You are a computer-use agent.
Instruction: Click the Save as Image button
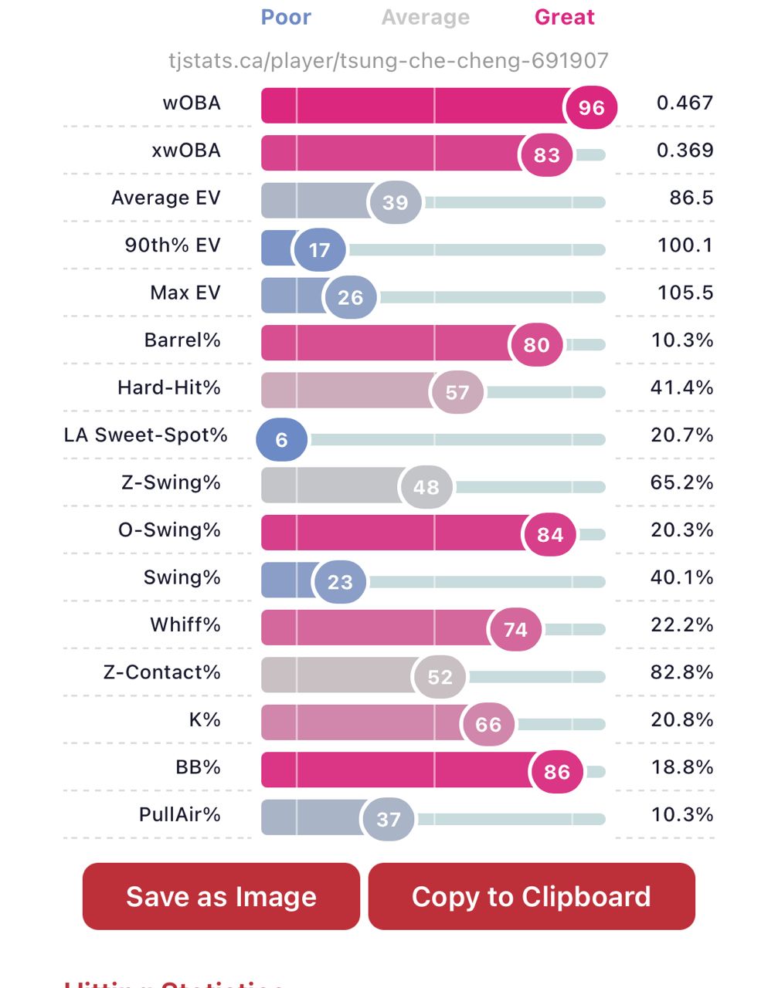click(x=221, y=896)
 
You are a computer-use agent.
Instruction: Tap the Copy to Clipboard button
click(x=532, y=896)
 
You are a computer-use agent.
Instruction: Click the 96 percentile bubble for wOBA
click(x=591, y=107)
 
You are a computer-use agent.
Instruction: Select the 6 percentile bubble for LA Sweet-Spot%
click(x=282, y=439)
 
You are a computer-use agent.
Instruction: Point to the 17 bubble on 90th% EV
click(x=319, y=249)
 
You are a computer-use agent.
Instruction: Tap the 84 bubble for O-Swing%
click(x=550, y=534)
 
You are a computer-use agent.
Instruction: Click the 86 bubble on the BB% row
click(x=556, y=771)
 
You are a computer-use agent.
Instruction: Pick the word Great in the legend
click(x=565, y=17)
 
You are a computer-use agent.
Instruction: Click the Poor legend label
click(x=286, y=17)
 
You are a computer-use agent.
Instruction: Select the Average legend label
click(x=426, y=17)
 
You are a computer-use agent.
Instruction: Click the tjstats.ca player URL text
click(x=389, y=60)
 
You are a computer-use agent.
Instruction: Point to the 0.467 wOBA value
click(x=685, y=103)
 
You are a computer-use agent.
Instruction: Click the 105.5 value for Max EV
click(x=685, y=293)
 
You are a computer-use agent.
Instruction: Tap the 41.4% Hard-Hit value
click(x=681, y=387)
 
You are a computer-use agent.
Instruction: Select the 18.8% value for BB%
click(x=681, y=767)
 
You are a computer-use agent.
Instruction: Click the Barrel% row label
click(x=182, y=340)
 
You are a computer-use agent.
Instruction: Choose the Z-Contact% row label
click(x=162, y=672)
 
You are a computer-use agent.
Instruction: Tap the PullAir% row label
click(x=180, y=814)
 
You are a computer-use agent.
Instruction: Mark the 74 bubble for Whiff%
click(x=515, y=629)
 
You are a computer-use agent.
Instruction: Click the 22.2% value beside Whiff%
click(x=681, y=624)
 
